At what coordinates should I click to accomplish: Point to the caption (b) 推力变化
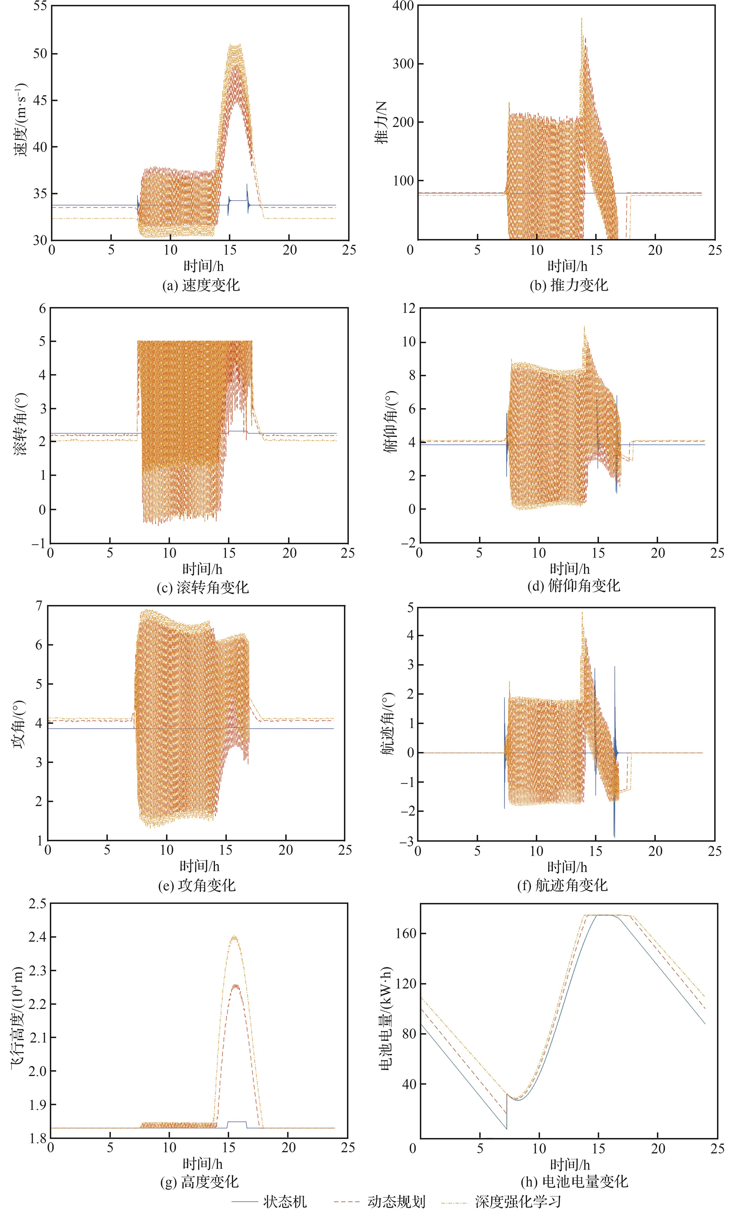click(568, 285)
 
